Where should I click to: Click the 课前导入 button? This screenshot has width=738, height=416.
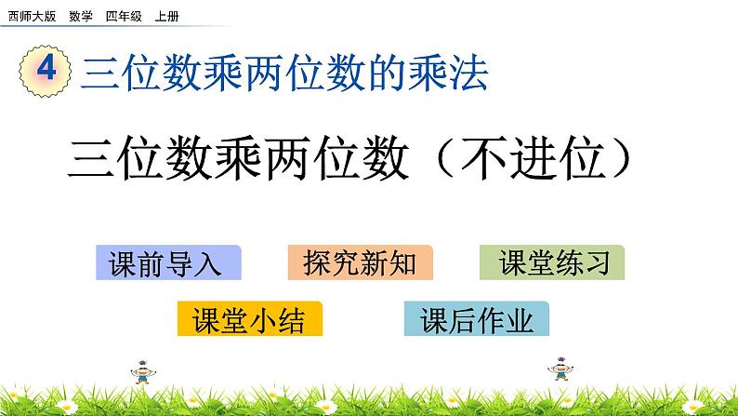tap(167, 263)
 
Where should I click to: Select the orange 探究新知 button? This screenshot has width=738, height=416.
tap(361, 263)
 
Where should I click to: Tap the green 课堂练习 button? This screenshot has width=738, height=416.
tap(552, 263)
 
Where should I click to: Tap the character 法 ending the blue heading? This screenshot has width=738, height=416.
tap(469, 73)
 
